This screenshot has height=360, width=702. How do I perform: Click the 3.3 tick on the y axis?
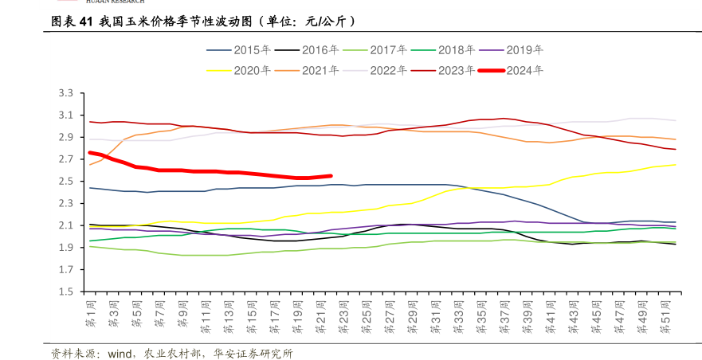67,94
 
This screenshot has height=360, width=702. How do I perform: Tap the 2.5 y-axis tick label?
67,182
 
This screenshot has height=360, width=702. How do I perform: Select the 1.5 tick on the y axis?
67,292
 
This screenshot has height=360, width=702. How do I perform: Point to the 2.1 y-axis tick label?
67,225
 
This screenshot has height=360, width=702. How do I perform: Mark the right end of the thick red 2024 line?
331,176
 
